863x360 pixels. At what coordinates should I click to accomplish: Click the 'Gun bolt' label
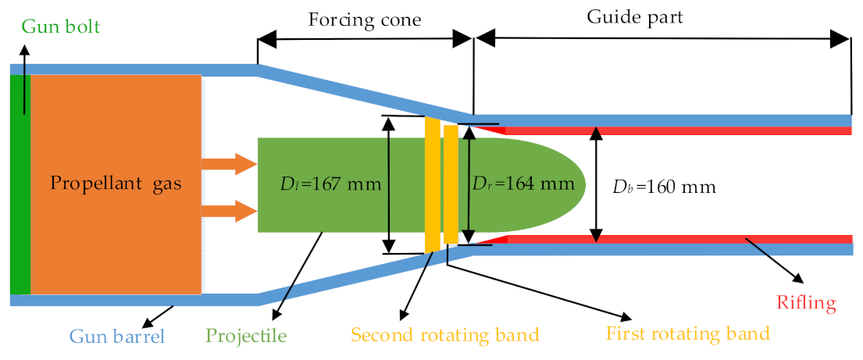click(x=61, y=27)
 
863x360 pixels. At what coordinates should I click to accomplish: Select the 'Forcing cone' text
click(x=365, y=19)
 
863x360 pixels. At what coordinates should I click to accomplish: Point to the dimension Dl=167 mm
click(x=330, y=185)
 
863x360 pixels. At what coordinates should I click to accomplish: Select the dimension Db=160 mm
click(x=664, y=187)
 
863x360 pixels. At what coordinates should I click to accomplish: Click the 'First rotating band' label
click(x=687, y=333)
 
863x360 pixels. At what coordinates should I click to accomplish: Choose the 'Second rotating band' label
click(x=445, y=336)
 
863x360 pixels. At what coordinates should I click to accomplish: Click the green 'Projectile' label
click(x=246, y=337)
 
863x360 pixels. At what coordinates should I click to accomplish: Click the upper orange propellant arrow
click(x=229, y=163)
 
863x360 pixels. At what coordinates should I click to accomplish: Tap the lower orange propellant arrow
click(x=229, y=211)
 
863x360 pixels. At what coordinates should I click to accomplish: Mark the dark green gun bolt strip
click(x=20, y=185)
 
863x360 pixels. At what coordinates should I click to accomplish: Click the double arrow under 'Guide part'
click(x=662, y=38)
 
